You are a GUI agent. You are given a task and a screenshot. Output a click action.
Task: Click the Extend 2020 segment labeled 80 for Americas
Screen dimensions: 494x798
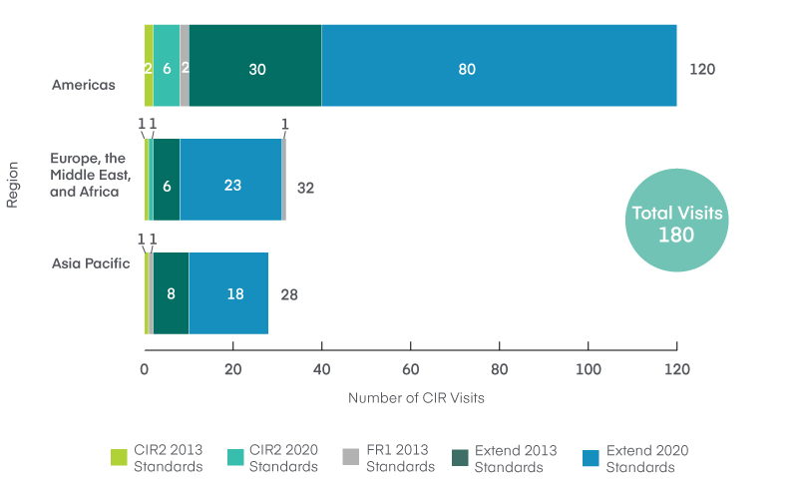pos(499,69)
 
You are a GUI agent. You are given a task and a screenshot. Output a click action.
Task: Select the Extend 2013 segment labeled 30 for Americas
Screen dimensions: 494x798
pos(255,69)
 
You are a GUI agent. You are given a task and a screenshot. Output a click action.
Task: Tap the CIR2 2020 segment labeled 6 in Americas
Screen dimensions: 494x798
pos(167,69)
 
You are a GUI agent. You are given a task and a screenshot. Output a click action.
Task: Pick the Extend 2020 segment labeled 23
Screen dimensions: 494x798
pos(230,185)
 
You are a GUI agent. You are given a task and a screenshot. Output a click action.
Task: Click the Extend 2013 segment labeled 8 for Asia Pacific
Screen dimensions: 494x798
pos(171,294)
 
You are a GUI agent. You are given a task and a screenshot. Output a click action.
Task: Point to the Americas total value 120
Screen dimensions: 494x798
pos(702,70)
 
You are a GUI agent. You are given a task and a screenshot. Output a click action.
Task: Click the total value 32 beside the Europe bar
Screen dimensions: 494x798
pos(305,187)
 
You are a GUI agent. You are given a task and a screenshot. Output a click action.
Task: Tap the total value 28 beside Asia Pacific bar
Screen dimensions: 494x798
pos(288,295)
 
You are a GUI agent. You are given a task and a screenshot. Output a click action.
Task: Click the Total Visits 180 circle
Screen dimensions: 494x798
pos(677,223)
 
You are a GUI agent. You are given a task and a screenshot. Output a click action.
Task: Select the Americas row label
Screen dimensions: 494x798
pos(84,85)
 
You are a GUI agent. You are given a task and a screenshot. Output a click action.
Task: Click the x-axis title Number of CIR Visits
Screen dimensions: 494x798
pos(416,398)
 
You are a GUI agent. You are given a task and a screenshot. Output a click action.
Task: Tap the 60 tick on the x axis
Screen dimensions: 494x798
pos(411,368)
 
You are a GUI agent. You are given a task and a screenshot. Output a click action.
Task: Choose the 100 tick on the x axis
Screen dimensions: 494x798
pos(589,368)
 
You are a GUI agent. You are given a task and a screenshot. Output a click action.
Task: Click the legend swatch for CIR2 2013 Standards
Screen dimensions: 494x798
pos(119,457)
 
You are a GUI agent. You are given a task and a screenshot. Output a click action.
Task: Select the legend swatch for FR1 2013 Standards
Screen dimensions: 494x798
pos(350,457)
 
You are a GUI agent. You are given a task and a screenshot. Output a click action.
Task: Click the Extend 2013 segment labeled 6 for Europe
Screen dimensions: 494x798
pos(167,185)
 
